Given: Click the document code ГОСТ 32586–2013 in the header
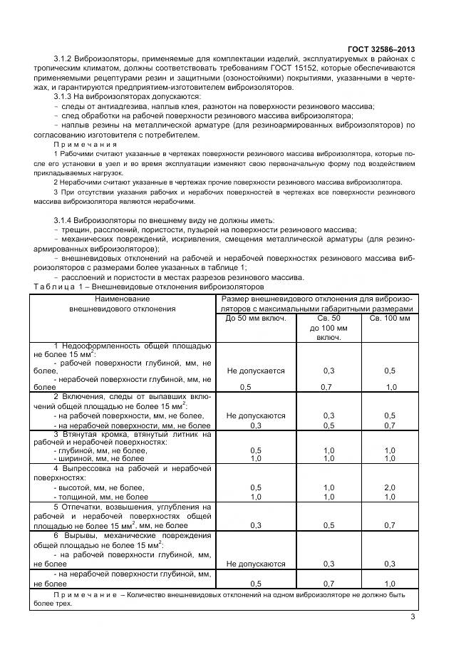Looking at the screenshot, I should (385, 49).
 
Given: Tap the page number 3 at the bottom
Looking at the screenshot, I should (412, 617).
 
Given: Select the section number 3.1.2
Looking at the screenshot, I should (66, 59).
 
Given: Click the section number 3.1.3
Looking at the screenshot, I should (66, 97).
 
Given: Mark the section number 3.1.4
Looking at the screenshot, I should (66, 220).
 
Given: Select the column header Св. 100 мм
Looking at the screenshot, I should (390, 318).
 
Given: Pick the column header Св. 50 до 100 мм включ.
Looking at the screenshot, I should (328, 327).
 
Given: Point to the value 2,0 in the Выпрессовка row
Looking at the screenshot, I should (390, 487).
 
